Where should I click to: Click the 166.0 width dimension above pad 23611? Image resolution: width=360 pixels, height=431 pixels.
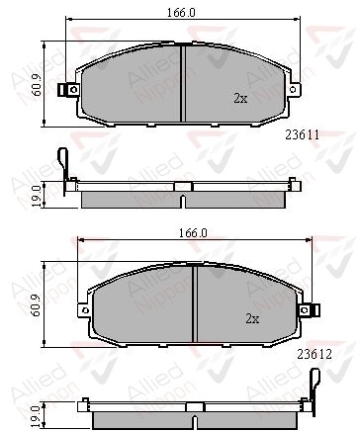point(181,13)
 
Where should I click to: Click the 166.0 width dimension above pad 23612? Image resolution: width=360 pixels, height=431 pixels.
point(193,233)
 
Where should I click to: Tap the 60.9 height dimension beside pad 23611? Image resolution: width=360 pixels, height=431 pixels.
point(37,85)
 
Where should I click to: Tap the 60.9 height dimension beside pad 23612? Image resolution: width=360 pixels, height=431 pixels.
point(37,305)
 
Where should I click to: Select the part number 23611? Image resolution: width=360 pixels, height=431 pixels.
point(303,134)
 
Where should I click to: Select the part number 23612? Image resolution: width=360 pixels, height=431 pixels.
point(315,354)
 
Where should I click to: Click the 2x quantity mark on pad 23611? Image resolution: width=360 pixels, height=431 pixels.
point(240,98)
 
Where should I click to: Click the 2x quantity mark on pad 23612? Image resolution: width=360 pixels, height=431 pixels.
point(252,318)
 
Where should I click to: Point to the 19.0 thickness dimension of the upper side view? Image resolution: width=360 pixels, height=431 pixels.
point(37,196)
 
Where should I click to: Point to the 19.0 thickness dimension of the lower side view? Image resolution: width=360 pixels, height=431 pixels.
point(37,416)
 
